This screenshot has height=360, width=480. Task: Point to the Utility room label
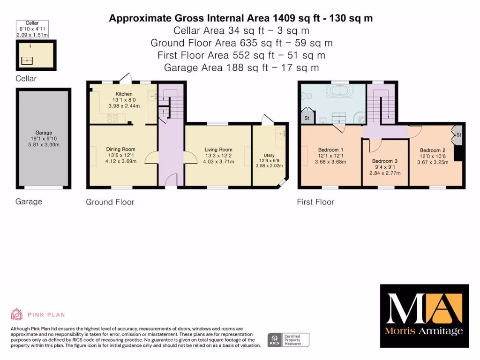coord(269,155)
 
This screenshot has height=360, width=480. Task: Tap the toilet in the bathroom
coord(307,96)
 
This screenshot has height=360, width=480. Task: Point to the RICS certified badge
coord(288,339)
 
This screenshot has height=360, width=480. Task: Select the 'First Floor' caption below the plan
coord(315,202)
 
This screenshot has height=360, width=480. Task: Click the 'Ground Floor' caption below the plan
coord(110,202)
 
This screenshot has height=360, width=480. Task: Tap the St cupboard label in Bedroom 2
coord(458,135)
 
